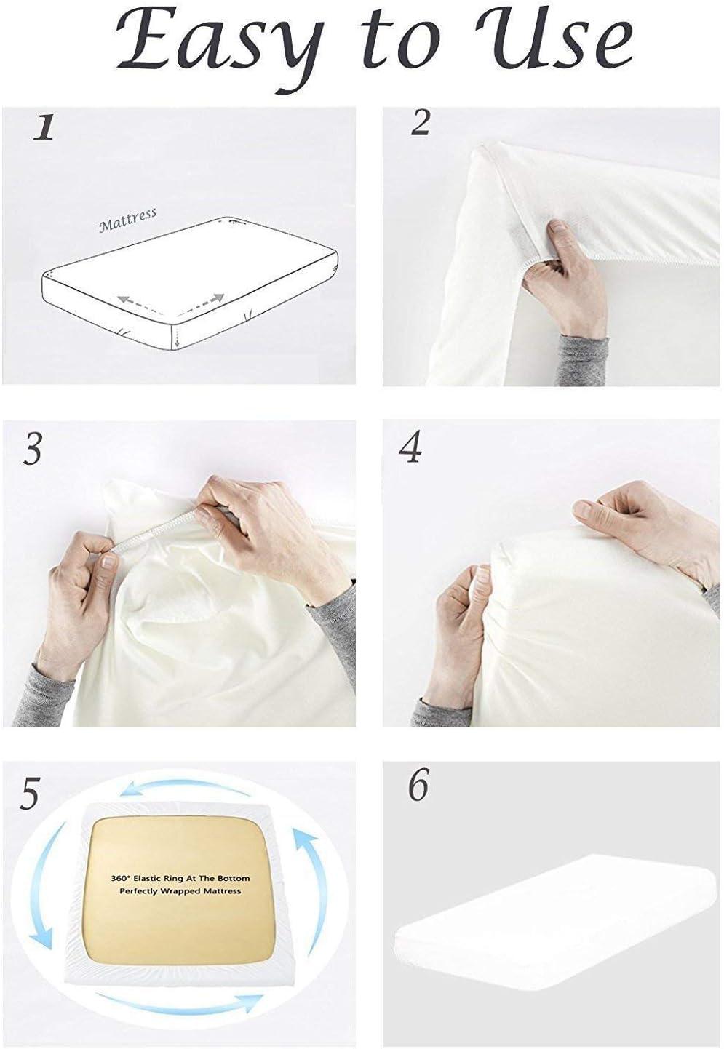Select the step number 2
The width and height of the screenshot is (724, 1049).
[421, 121]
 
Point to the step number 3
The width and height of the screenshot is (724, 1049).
[32, 450]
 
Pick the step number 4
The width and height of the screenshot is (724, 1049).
[411, 448]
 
